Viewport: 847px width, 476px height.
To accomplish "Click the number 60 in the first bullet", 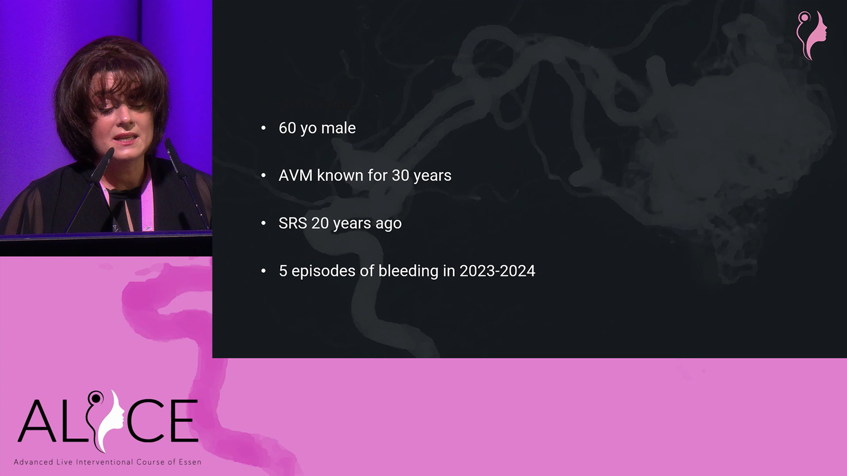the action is pyautogui.click(x=288, y=128).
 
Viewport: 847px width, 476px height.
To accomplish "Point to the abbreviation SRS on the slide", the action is pyautogui.click(x=293, y=223).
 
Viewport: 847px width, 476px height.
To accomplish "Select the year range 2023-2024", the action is pyautogui.click(x=497, y=271).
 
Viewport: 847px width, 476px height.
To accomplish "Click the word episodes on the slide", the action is pyautogui.click(x=324, y=271).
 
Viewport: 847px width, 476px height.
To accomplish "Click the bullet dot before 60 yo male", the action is pyautogui.click(x=264, y=128).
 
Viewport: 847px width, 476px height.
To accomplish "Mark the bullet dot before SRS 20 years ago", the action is pyautogui.click(x=264, y=223).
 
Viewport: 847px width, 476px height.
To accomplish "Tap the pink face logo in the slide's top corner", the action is pyautogui.click(x=812, y=35).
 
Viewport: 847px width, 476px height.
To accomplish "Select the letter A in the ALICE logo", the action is pyautogui.click(x=37, y=421).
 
